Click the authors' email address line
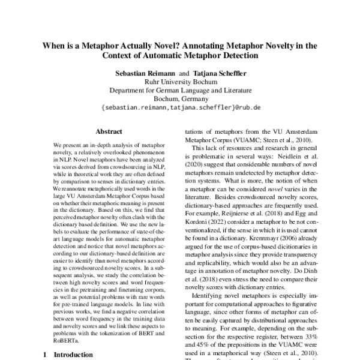tap(179, 107)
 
